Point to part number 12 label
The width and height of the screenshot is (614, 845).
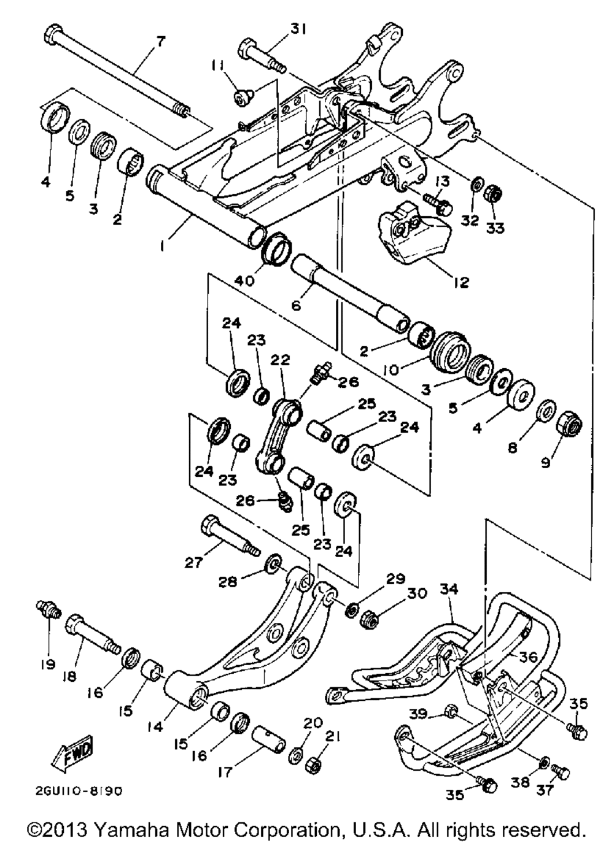tap(460, 282)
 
